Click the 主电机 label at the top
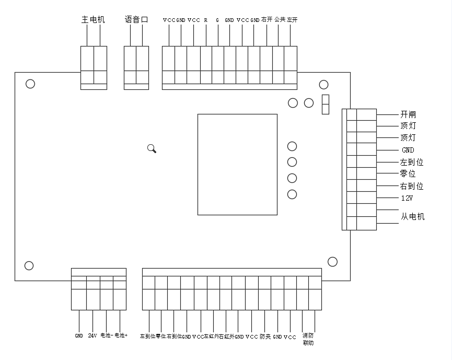(x=93, y=20)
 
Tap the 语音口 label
(x=136, y=20)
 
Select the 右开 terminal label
(x=266, y=20)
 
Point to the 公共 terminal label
(x=280, y=20)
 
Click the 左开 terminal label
(x=292, y=20)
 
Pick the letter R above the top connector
(x=205, y=20)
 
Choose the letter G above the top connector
(x=217, y=20)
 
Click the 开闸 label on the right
(x=408, y=114)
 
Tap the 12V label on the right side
(x=407, y=199)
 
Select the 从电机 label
(x=412, y=216)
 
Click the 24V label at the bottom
(x=92, y=335)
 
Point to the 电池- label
(x=107, y=335)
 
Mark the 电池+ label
(x=121, y=335)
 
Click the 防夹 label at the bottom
(x=265, y=336)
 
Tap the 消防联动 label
(x=308, y=340)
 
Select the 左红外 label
(x=212, y=336)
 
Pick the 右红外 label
(x=226, y=336)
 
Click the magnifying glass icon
(x=152, y=149)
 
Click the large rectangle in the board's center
(x=237, y=164)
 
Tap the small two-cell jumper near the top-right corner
(x=325, y=104)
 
